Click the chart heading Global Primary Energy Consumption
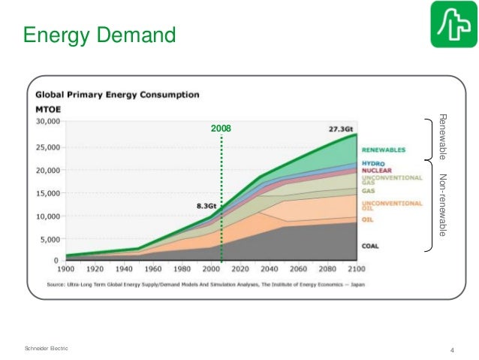[114, 95]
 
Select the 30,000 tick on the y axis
[48, 121]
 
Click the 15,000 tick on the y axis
[48, 193]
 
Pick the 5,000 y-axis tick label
[50, 241]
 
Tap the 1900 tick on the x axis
[66, 268]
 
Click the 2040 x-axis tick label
[269, 268]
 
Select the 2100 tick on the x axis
[356, 268]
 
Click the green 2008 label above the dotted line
[221, 129]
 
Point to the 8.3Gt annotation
[207, 205]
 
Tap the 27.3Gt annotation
[342, 128]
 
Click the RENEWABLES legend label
[384, 148]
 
